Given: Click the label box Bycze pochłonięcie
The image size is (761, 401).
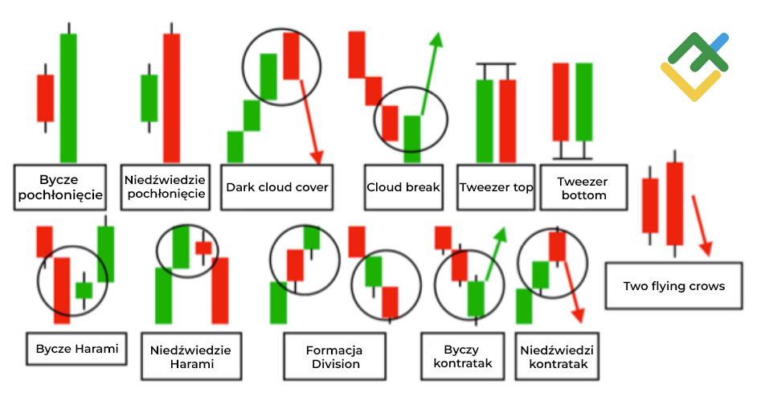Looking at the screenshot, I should [59, 187].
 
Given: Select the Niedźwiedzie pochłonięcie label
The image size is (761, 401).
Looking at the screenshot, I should [165, 187].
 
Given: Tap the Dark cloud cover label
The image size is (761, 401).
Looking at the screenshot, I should [276, 187].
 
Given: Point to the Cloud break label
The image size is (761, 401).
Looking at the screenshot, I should [403, 187].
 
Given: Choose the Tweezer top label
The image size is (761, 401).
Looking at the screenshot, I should [496, 187].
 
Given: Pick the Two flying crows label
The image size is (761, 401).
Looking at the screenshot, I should [673, 285].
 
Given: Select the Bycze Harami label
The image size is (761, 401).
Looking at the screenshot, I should [76, 349].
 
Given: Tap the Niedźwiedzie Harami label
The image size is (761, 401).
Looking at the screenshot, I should [190, 356].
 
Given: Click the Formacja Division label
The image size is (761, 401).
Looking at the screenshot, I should [334, 356].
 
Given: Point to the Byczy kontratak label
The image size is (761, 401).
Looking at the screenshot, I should [456, 356].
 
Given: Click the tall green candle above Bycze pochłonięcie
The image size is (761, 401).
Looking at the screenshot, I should [68, 96].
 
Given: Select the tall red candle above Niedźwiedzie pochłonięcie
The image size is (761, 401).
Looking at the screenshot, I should [171, 96].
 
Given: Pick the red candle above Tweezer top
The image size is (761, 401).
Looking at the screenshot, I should [507, 121].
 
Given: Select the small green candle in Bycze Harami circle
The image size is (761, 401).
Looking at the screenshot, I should [84, 289].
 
